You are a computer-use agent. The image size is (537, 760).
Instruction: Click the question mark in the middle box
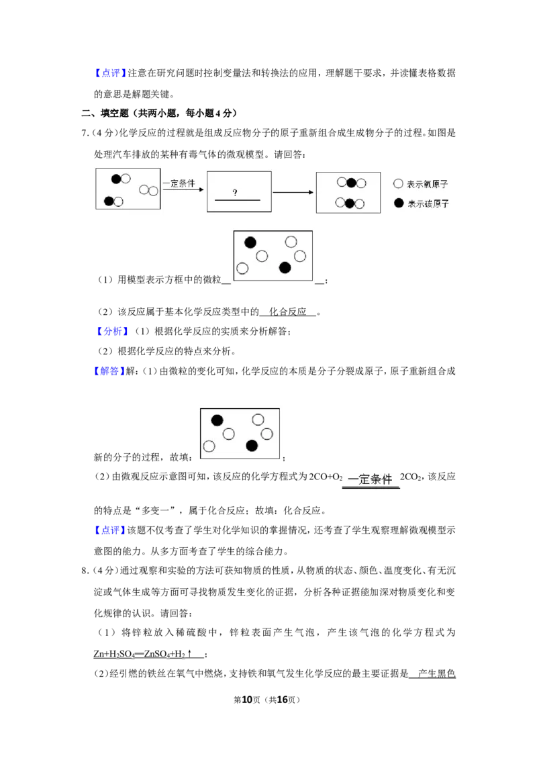pos(235,193)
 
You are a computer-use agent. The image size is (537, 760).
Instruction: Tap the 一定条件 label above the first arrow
pos(179,183)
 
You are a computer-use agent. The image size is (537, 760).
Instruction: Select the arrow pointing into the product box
pos(293,193)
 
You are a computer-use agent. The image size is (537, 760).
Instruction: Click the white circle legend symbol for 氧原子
pos(399,184)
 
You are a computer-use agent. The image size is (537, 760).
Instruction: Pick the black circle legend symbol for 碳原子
pos(399,203)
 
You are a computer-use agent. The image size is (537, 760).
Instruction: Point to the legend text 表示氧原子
pos(428,184)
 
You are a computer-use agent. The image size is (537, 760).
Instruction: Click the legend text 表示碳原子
pos(428,203)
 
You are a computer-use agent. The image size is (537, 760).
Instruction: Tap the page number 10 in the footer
pos(247,700)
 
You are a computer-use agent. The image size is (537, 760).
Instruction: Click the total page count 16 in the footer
pos(283,700)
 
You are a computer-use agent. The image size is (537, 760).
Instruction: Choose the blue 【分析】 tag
pos(112,331)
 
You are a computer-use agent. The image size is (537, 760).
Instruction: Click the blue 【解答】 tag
pos(109,371)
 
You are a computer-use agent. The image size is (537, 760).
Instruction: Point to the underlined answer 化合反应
pos(288,312)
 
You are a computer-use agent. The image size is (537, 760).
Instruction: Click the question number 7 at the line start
pos(85,134)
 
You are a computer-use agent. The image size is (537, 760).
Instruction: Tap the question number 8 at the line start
pos(85,571)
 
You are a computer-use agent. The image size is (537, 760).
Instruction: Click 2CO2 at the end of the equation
pos(411,477)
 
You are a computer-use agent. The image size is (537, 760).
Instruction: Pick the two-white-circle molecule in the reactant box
pos(149,191)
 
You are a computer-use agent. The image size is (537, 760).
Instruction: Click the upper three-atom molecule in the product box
pos(351,183)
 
